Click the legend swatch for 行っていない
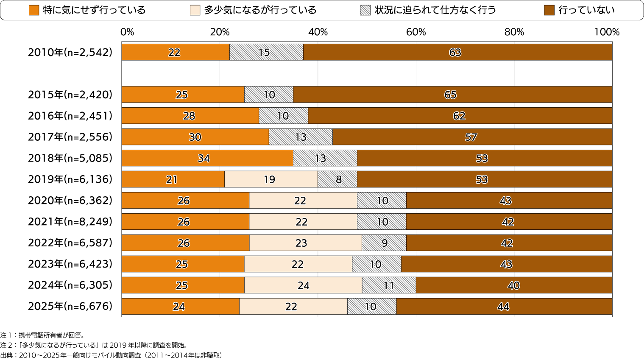[x=549, y=10]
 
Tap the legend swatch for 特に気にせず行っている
[x=34, y=10]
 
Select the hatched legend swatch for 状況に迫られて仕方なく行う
[x=365, y=10]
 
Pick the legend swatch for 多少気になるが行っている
[x=195, y=10]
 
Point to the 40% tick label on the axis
[x=318, y=32]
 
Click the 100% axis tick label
[x=607, y=32]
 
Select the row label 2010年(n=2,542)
[x=70, y=52]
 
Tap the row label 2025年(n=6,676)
[x=70, y=306]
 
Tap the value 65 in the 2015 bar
[x=450, y=95]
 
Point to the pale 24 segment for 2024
[x=303, y=285]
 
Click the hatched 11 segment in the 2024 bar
[x=389, y=285]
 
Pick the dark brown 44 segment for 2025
[x=504, y=307]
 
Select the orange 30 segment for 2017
[x=195, y=137]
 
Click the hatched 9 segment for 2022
[x=384, y=243]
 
